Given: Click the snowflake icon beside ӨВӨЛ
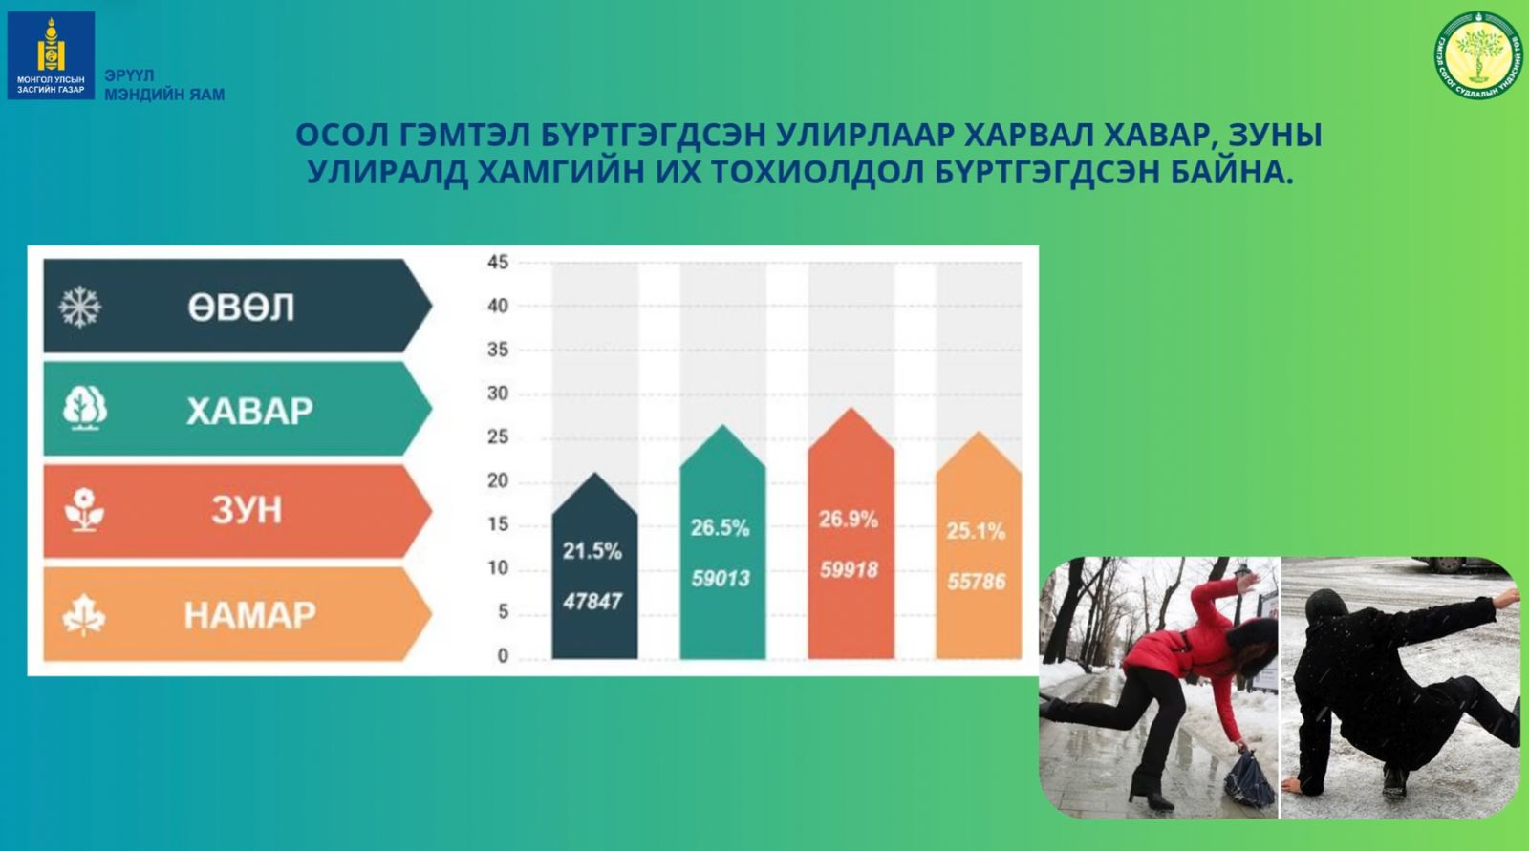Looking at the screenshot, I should (80, 308).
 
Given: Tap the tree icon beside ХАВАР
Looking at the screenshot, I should (84, 409).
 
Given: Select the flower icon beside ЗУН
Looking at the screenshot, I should (84, 510).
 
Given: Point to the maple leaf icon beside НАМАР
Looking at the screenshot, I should (84, 614).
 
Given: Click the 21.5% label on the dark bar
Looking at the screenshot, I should (592, 551).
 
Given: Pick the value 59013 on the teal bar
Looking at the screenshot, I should (721, 578).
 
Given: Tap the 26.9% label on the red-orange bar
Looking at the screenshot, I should (848, 520).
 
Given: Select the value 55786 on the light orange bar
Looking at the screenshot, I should (976, 582).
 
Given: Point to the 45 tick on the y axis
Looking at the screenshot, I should (498, 262).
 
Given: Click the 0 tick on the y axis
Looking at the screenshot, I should (503, 656).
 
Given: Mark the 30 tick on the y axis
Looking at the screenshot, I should (498, 394).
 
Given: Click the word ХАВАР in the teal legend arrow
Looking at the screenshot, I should (249, 411).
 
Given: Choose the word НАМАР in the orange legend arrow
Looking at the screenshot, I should (249, 615).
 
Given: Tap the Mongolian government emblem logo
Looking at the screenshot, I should (51, 55).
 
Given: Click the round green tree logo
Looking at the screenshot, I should (1478, 54).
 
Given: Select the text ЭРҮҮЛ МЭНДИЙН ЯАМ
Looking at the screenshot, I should (164, 85).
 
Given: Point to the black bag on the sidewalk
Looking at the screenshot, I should (1248, 779).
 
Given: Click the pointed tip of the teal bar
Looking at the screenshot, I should (722, 427).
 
